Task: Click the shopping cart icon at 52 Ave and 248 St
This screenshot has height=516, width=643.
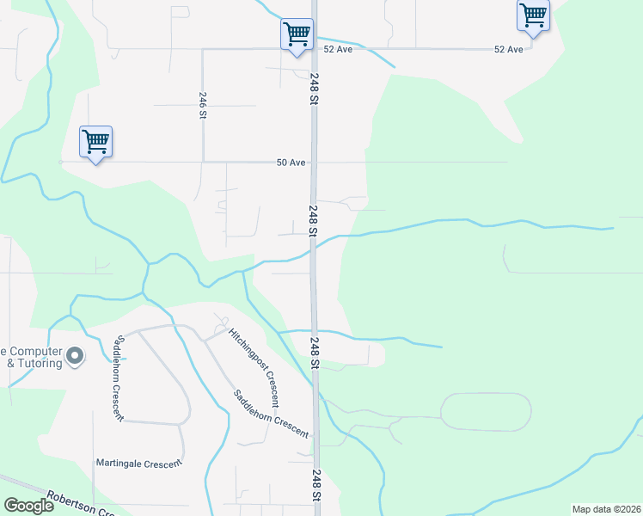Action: [x=297, y=34]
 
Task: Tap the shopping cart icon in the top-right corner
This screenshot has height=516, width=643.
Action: [x=533, y=15]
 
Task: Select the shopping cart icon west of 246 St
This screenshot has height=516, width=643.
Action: [x=95, y=141]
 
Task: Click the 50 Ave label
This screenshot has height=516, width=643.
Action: [x=291, y=162]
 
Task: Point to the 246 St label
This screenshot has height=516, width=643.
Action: [x=202, y=107]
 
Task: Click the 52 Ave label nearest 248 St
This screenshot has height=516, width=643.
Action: [x=339, y=50]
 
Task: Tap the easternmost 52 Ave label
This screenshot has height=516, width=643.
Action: [x=509, y=50]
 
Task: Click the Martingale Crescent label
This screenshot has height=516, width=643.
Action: [x=139, y=464]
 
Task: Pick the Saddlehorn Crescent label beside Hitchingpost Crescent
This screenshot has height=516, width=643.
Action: [x=271, y=414]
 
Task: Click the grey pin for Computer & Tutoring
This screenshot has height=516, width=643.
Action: [x=75, y=355]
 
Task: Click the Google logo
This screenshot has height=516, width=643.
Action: [x=28, y=505]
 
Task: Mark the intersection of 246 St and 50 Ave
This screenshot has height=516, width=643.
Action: [x=203, y=162]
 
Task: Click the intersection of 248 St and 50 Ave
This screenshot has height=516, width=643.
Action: [x=315, y=162]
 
